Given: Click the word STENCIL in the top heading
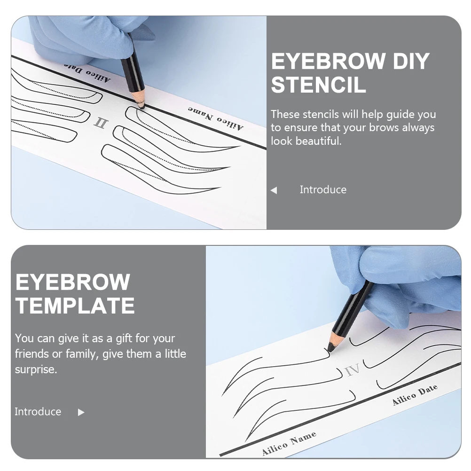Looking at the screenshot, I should pos(318,85).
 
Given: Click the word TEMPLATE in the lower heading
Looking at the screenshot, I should pos(75,306).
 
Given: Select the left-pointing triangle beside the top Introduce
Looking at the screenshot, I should pos(274,190).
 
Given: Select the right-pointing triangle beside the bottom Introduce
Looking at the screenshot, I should pos(81,412).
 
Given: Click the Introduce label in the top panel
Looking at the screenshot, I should pos(323,190).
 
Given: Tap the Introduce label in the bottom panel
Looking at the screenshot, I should pos(38,412).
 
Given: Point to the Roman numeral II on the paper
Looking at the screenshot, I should pos(101,123).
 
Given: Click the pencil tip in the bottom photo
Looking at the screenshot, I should pos(330,349).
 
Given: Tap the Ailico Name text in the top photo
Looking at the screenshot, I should pos(216,120).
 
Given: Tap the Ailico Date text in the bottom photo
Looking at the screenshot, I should pos(415,394).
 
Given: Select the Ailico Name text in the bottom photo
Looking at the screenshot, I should pos(289,444).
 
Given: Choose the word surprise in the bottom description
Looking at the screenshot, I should pos(36,369).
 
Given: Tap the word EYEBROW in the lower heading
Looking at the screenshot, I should pos(73,282).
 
